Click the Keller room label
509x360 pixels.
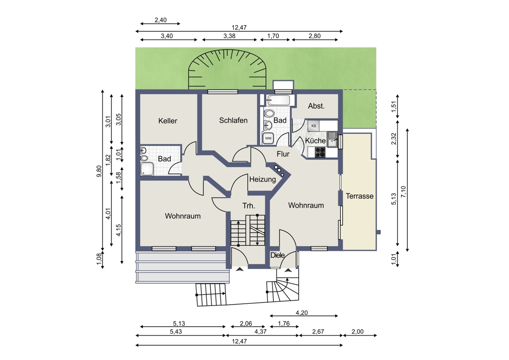pos(168,121)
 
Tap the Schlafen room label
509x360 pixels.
pos(233,120)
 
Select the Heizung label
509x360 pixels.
pos(262,179)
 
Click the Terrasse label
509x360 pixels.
pos(359,196)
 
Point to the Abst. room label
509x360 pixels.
pos(316,106)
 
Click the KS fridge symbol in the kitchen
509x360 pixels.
pos(313,126)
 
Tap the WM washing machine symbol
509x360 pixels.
pos(268,138)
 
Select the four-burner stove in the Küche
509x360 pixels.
pos(321,153)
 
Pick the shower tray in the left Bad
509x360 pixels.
pos(147,169)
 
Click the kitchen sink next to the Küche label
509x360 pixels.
pos(333,139)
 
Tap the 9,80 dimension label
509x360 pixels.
pos(99,171)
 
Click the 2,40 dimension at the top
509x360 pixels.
pos(161,20)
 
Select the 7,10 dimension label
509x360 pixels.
pos(403,192)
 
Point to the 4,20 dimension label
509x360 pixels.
pos(302,313)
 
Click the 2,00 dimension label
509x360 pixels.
pos(357,331)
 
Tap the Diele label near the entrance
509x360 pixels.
pos(277,256)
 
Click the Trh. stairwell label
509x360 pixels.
pos(249,206)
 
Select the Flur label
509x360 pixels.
pos(283,154)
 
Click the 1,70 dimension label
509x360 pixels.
pos(273,36)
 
